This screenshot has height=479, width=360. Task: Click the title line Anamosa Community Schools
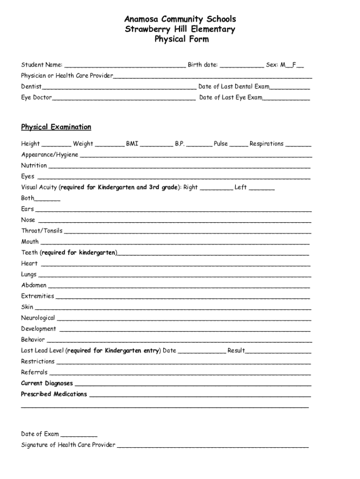180,19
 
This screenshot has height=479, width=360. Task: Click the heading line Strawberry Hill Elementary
180,29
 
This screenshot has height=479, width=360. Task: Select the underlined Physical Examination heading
56,127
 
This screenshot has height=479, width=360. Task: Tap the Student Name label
42,65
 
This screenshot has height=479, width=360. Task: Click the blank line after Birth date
241,65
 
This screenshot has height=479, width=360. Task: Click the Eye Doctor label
36,98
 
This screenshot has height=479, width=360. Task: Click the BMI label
132,144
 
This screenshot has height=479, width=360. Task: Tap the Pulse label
221,144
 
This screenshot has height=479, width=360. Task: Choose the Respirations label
266,144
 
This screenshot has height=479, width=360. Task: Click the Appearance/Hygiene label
50,155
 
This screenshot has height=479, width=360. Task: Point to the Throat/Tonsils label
42,231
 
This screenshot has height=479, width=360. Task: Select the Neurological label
38,318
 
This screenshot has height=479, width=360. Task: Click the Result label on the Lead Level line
236,350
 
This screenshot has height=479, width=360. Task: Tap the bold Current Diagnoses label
47,383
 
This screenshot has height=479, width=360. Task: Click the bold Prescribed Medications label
54,394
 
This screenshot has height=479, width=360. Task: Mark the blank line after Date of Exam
79,435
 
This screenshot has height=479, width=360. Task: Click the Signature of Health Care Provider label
68,445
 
